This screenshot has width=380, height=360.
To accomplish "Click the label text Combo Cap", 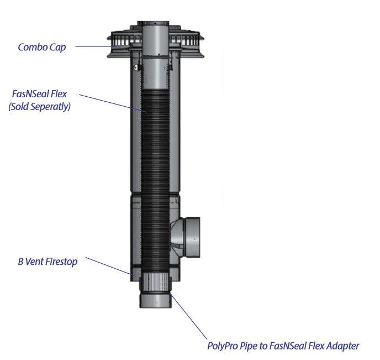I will pyautogui.click(x=41, y=47).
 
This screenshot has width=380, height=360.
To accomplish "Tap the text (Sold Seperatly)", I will pyautogui.click(x=39, y=107).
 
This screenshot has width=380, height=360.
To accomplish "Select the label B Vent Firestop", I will pyautogui.click(x=47, y=261).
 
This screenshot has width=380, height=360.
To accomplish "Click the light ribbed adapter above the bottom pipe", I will pyautogui.click(x=156, y=283).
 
